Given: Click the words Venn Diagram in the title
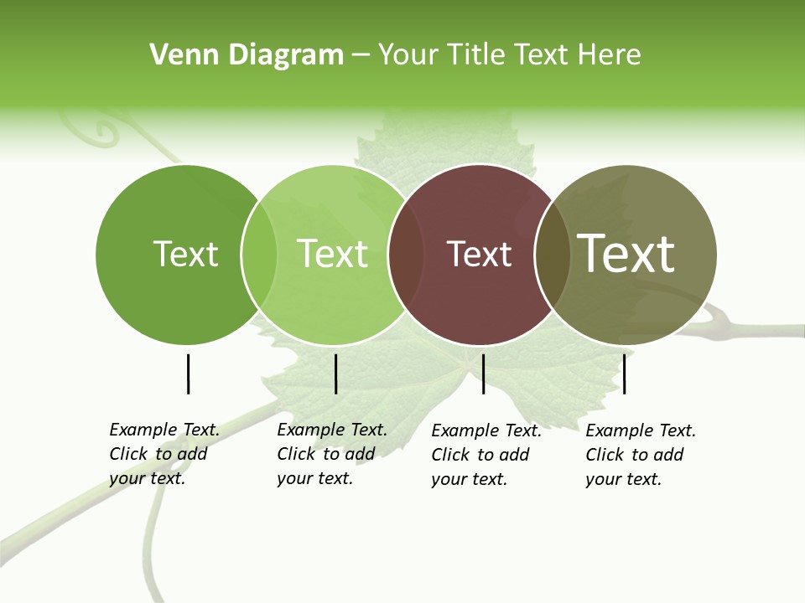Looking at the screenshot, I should click(247, 55).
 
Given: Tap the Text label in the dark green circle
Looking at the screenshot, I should click(186, 254).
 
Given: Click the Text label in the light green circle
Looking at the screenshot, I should click(333, 254).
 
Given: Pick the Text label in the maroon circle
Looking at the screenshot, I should click(480, 255).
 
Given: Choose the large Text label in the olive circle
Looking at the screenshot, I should click(626, 253).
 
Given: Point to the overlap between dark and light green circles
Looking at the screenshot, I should click(259, 254).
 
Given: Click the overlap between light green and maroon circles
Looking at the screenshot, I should click(406, 254).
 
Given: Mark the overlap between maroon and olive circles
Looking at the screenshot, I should click(552, 254).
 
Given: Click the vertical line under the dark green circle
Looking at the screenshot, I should click(188, 374).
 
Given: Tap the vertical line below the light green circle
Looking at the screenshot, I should click(335, 374).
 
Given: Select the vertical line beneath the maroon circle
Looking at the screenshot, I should click(483, 374).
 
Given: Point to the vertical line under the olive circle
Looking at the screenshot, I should click(625, 374).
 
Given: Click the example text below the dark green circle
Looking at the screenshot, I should click(164, 454).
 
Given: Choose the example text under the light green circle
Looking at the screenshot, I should click(332, 454).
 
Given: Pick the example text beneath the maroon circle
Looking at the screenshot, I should click(486, 455).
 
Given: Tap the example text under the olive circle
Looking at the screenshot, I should click(641, 455).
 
